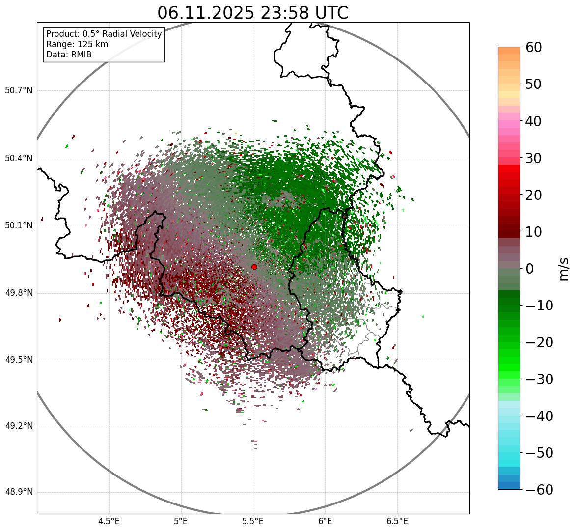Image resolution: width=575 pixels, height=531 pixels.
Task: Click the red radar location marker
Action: point(254,267)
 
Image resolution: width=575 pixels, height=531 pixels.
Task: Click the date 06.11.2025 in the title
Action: point(205,13)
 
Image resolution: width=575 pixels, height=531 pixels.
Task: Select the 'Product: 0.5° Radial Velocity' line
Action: point(104,34)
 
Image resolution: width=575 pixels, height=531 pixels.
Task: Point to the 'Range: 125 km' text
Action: point(77,44)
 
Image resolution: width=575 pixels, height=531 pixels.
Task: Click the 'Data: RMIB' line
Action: point(69,55)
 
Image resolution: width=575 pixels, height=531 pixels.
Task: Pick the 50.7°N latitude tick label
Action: point(19,91)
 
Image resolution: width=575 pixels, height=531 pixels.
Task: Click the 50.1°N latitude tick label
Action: point(19,226)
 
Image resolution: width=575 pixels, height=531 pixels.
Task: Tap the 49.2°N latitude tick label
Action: point(19,426)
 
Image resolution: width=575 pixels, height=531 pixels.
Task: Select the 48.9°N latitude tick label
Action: point(19,492)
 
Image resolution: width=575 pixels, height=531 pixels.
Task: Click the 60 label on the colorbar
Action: point(534,47)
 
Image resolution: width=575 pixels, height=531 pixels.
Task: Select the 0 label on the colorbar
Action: point(530,269)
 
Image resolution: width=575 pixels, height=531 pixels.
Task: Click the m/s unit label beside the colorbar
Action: point(564,269)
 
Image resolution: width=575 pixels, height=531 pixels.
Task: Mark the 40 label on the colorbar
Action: point(534,121)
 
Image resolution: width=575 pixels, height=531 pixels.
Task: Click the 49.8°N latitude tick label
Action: point(19,293)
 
